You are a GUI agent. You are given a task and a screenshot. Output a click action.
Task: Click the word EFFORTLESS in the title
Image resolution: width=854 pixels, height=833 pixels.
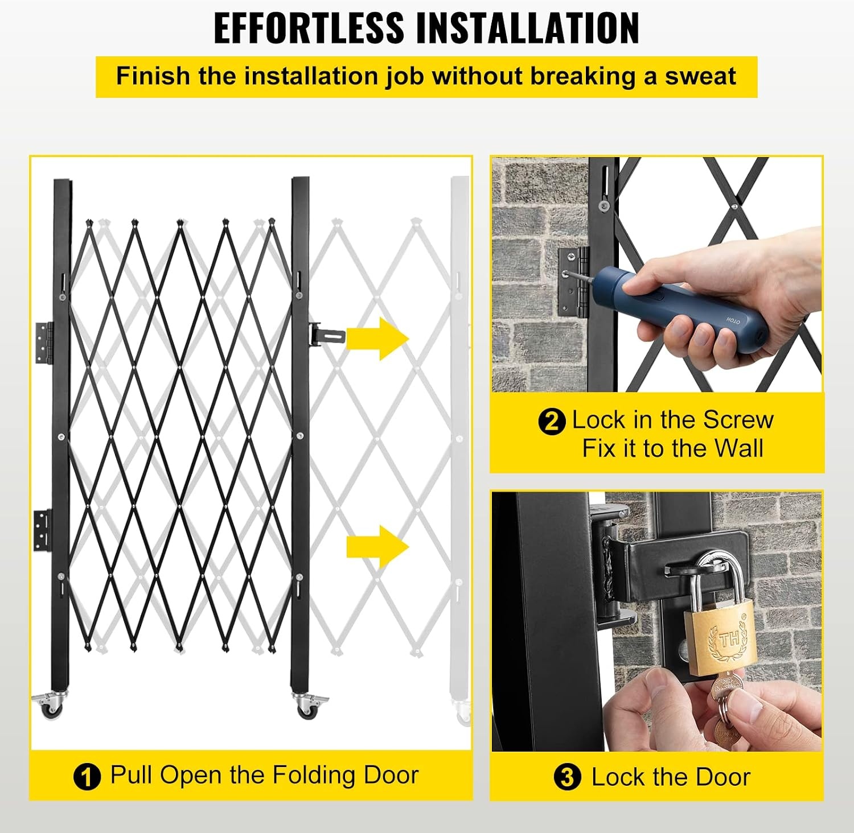click(309, 27)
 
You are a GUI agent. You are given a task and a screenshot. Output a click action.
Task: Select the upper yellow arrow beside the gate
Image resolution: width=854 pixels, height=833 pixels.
click(377, 339)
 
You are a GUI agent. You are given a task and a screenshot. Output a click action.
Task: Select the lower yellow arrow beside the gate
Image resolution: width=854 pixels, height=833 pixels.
click(377, 547)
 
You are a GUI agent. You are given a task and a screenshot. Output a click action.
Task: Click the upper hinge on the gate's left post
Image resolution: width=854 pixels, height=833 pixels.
click(44, 343)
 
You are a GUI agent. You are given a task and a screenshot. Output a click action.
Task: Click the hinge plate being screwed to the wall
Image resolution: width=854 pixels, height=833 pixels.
click(573, 282)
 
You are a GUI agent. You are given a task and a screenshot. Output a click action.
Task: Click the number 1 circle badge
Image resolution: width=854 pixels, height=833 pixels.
click(87, 777)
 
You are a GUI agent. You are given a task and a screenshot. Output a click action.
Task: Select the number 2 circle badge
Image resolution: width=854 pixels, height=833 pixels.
click(552, 422)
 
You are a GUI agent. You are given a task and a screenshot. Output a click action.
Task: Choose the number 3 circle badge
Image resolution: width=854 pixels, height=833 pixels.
click(568, 777)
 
